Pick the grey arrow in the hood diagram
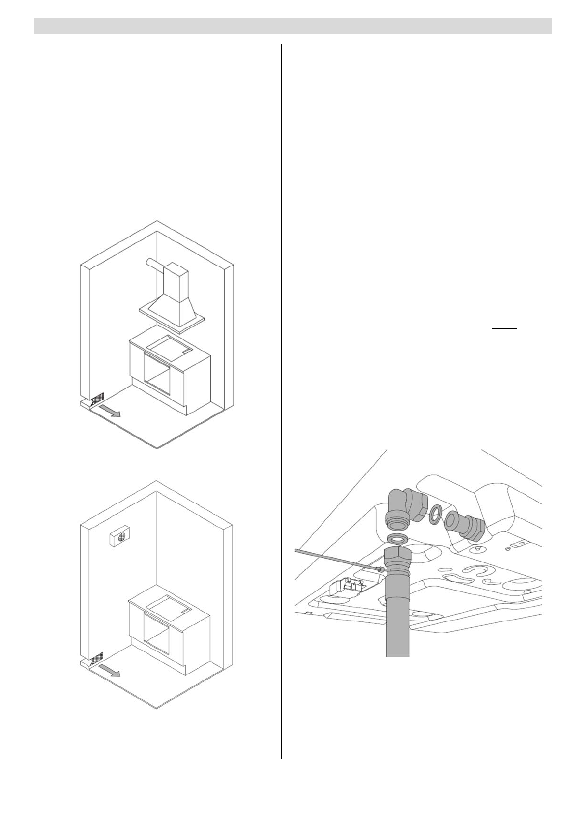tap(109, 411)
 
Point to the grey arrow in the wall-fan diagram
tap(109, 670)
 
